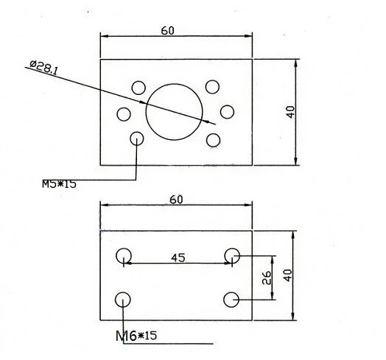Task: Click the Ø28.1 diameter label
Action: coord(43,67)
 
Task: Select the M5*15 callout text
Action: coord(59,184)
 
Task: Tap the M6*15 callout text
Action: coord(136,336)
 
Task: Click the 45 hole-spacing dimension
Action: coord(178,258)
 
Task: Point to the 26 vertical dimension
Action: coord(267,278)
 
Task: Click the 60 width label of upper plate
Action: coord(168,30)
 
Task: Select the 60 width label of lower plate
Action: coord(176,200)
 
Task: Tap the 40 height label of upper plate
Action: coord(290,112)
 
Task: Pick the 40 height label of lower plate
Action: coord(287,275)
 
